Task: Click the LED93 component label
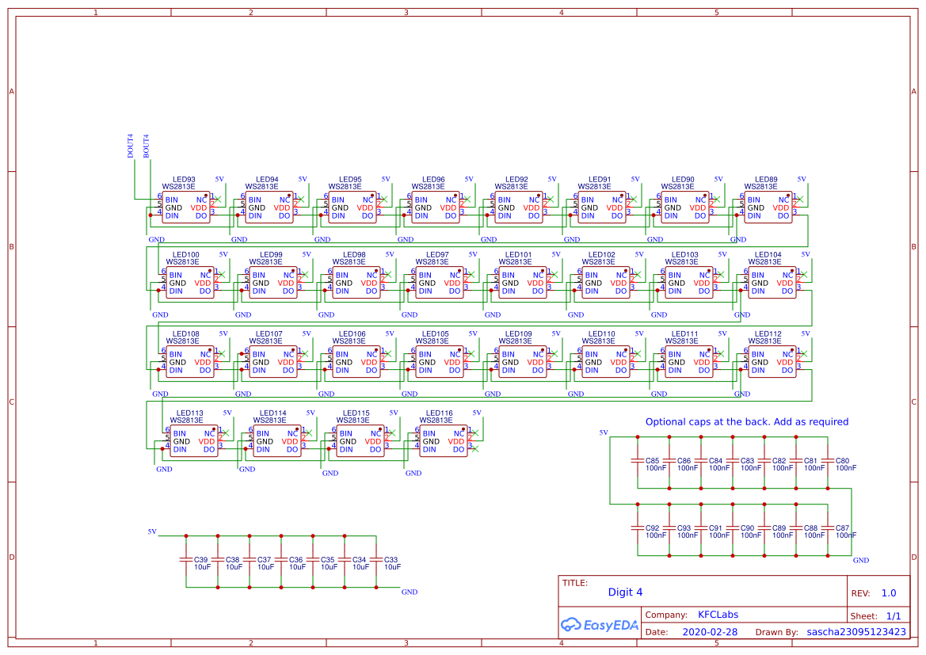pyautogui.click(x=185, y=180)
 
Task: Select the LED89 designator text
pyautogui.click(x=766, y=180)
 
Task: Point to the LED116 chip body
pyautogui.click(x=443, y=442)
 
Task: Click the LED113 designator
pyautogui.click(x=190, y=413)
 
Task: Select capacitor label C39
pyautogui.click(x=201, y=560)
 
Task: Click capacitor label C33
pyautogui.click(x=391, y=560)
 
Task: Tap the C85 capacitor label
pyautogui.click(x=652, y=461)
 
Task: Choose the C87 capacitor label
pyautogui.click(x=842, y=528)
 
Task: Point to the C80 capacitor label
pyautogui.click(x=842, y=461)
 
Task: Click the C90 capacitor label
pyautogui.click(x=747, y=528)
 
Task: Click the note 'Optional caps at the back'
pyautogui.click(x=746, y=422)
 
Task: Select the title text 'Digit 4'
pyautogui.click(x=625, y=592)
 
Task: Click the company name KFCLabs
pyautogui.click(x=718, y=615)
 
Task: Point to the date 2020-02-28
pyautogui.click(x=709, y=632)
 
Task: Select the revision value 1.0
pyautogui.click(x=889, y=593)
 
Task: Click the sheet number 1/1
pyautogui.click(x=893, y=615)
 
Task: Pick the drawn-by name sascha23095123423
pyautogui.click(x=856, y=632)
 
